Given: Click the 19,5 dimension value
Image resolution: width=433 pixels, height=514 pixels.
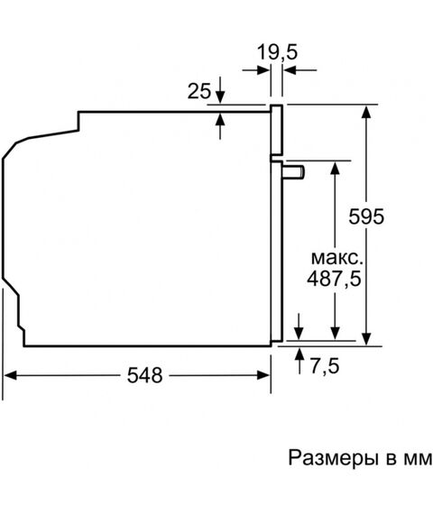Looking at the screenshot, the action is pyautogui.click(x=277, y=52).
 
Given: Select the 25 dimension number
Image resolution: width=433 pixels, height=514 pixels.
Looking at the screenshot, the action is pyautogui.click(x=198, y=91).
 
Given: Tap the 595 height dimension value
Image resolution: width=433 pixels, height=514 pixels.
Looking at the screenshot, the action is pyautogui.click(x=366, y=216).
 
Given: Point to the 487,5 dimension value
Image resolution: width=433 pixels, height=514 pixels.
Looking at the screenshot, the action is pyautogui.click(x=334, y=279).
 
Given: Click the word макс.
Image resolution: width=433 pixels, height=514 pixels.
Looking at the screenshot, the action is pyautogui.click(x=337, y=258).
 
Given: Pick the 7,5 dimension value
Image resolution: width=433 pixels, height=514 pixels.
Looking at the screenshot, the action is pyautogui.click(x=325, y=365).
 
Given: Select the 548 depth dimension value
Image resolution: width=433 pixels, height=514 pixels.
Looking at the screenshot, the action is pyautogui.click(x=144, y=375).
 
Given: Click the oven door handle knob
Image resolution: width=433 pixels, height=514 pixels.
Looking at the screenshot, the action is pyautogui.click(x=293, y=172).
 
